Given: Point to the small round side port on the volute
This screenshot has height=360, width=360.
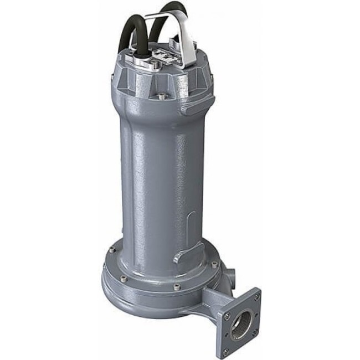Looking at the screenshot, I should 230,274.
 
